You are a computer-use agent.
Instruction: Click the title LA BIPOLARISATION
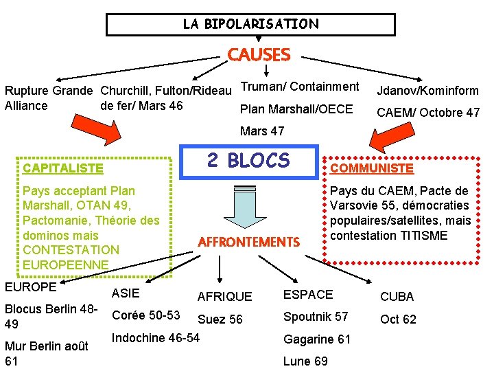click(250, 24)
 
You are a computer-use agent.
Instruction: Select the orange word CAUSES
click(259, 54)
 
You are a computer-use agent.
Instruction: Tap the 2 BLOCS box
click(248, 160)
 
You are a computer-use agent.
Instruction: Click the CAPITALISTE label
click(63, 168)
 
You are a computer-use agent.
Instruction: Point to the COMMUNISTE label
click(372, 168)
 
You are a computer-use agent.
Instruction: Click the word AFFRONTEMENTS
click(249, 242)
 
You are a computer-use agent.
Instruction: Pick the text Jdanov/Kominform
click(427, 91)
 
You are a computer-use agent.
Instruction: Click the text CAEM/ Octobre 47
click(428, 112)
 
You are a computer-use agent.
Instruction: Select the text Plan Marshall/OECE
click(296, 109)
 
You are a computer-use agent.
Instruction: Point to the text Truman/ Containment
click(300, 87)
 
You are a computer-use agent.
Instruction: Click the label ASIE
click(125, 293)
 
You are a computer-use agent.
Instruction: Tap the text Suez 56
click(220, 319)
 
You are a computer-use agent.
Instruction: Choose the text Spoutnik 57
click(316, 317)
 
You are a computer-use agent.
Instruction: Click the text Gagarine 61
click(317, 339)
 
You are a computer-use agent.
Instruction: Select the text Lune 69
click(305, 361)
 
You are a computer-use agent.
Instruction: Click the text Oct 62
click(398, 319)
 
